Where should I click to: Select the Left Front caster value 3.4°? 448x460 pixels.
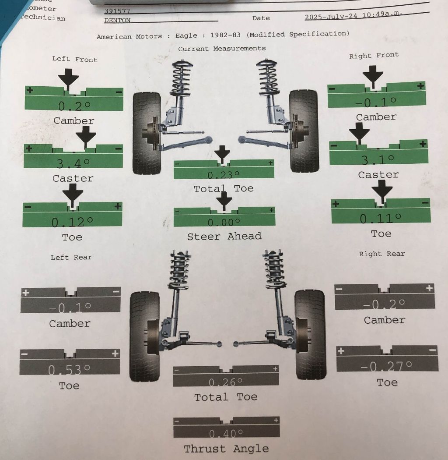click(73, 164)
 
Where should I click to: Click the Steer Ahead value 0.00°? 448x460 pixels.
click(224, 223)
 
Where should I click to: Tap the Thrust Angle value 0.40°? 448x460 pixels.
click(226, 434)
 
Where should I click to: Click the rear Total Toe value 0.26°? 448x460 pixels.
click(225, 382)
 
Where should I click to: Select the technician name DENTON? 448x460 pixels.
click(117, 20)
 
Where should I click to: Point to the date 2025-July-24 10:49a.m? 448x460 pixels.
click(353, 16)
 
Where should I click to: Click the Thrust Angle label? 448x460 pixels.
click(226, 449)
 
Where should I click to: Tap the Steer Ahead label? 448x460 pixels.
click(224, 237)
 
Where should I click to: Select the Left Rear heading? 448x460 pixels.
click(71, 257)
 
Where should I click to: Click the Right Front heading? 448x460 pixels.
click(374, 55)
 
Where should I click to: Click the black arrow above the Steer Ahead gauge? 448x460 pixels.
click(224, 201)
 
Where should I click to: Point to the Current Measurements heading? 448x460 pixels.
click(222, 48)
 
